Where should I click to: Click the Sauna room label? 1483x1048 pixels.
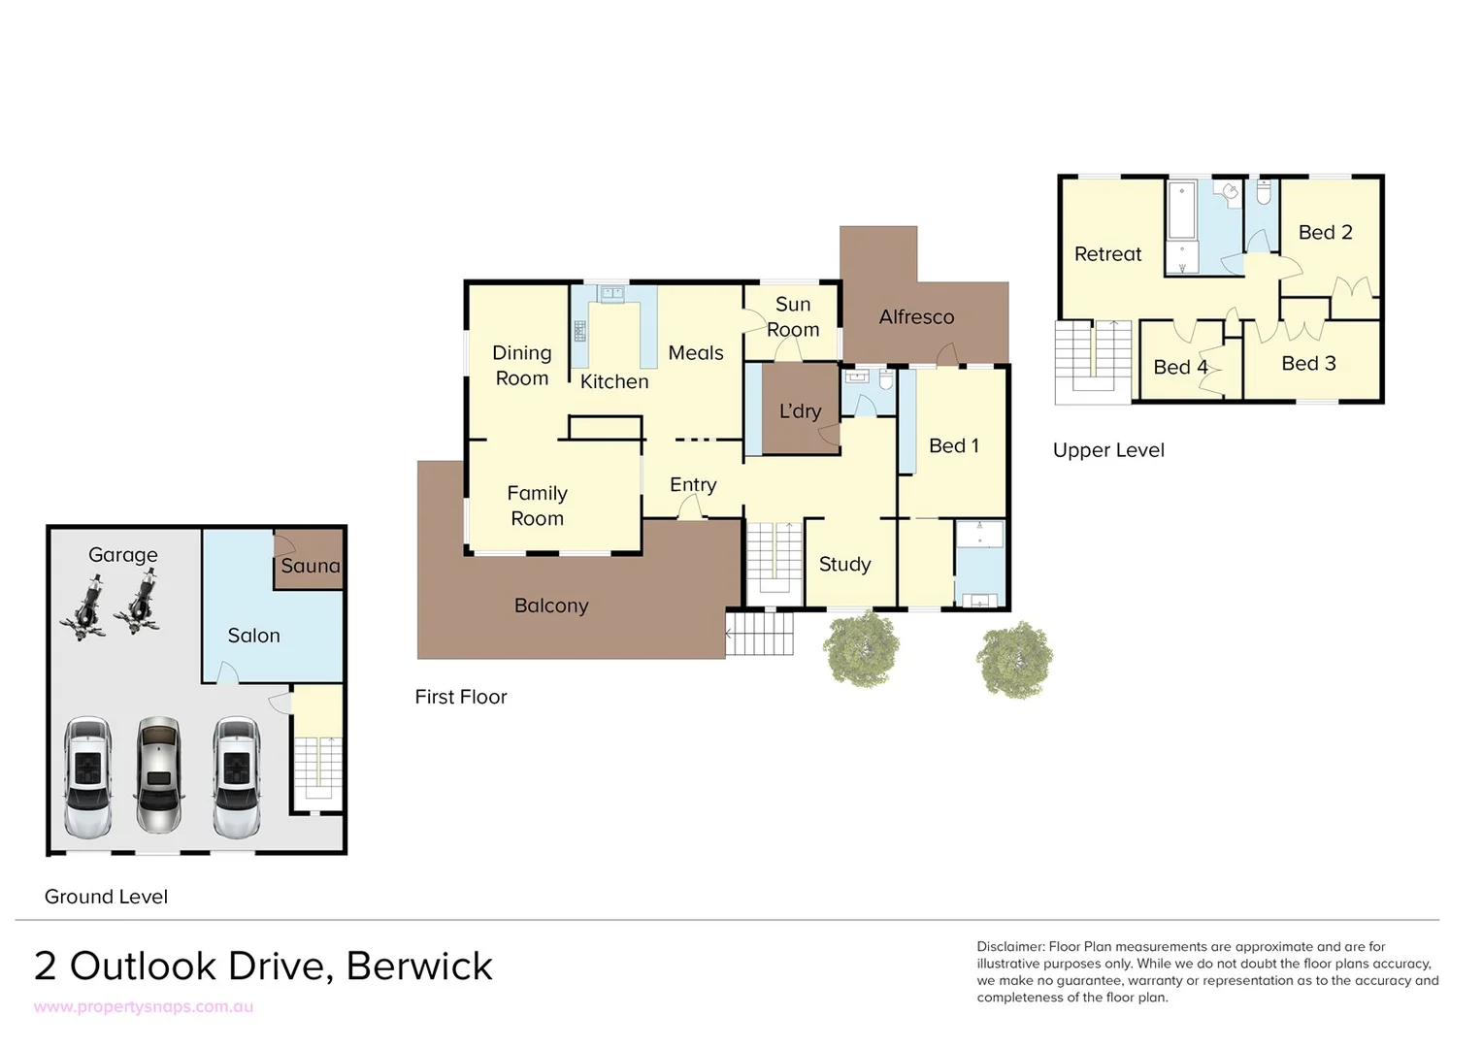tap(311, 566)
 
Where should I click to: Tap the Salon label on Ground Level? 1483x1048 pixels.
tap(253, 636)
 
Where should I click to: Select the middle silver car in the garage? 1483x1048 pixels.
tap(158, 775)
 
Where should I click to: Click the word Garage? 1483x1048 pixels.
tap(122, 555)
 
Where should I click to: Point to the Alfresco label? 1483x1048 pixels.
tap(916, 317)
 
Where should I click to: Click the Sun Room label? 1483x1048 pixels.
tap(793, 317)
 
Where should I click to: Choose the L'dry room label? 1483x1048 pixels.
tap(800, 411)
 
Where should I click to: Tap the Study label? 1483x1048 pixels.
tap(844, 565)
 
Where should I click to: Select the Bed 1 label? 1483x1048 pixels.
tap(953, 446)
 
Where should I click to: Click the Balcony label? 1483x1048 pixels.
tap(551, 606)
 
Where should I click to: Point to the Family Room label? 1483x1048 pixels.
tap(537, 506)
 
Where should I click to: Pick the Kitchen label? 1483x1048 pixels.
tap(614, 382)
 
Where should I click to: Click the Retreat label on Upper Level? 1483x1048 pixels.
tap(1107, 254)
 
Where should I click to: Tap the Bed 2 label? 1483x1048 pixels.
tap(1325, 233)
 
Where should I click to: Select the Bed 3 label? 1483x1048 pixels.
tap(1308, 364)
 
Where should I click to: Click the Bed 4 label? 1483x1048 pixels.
tap(1180, 368)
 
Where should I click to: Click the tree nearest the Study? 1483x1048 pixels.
tap(862, 650)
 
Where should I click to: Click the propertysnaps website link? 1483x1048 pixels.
tap(144, 1007)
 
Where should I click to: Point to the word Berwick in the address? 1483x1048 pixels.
tap(419, 966)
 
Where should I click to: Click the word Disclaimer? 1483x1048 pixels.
tap(1010, 947)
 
